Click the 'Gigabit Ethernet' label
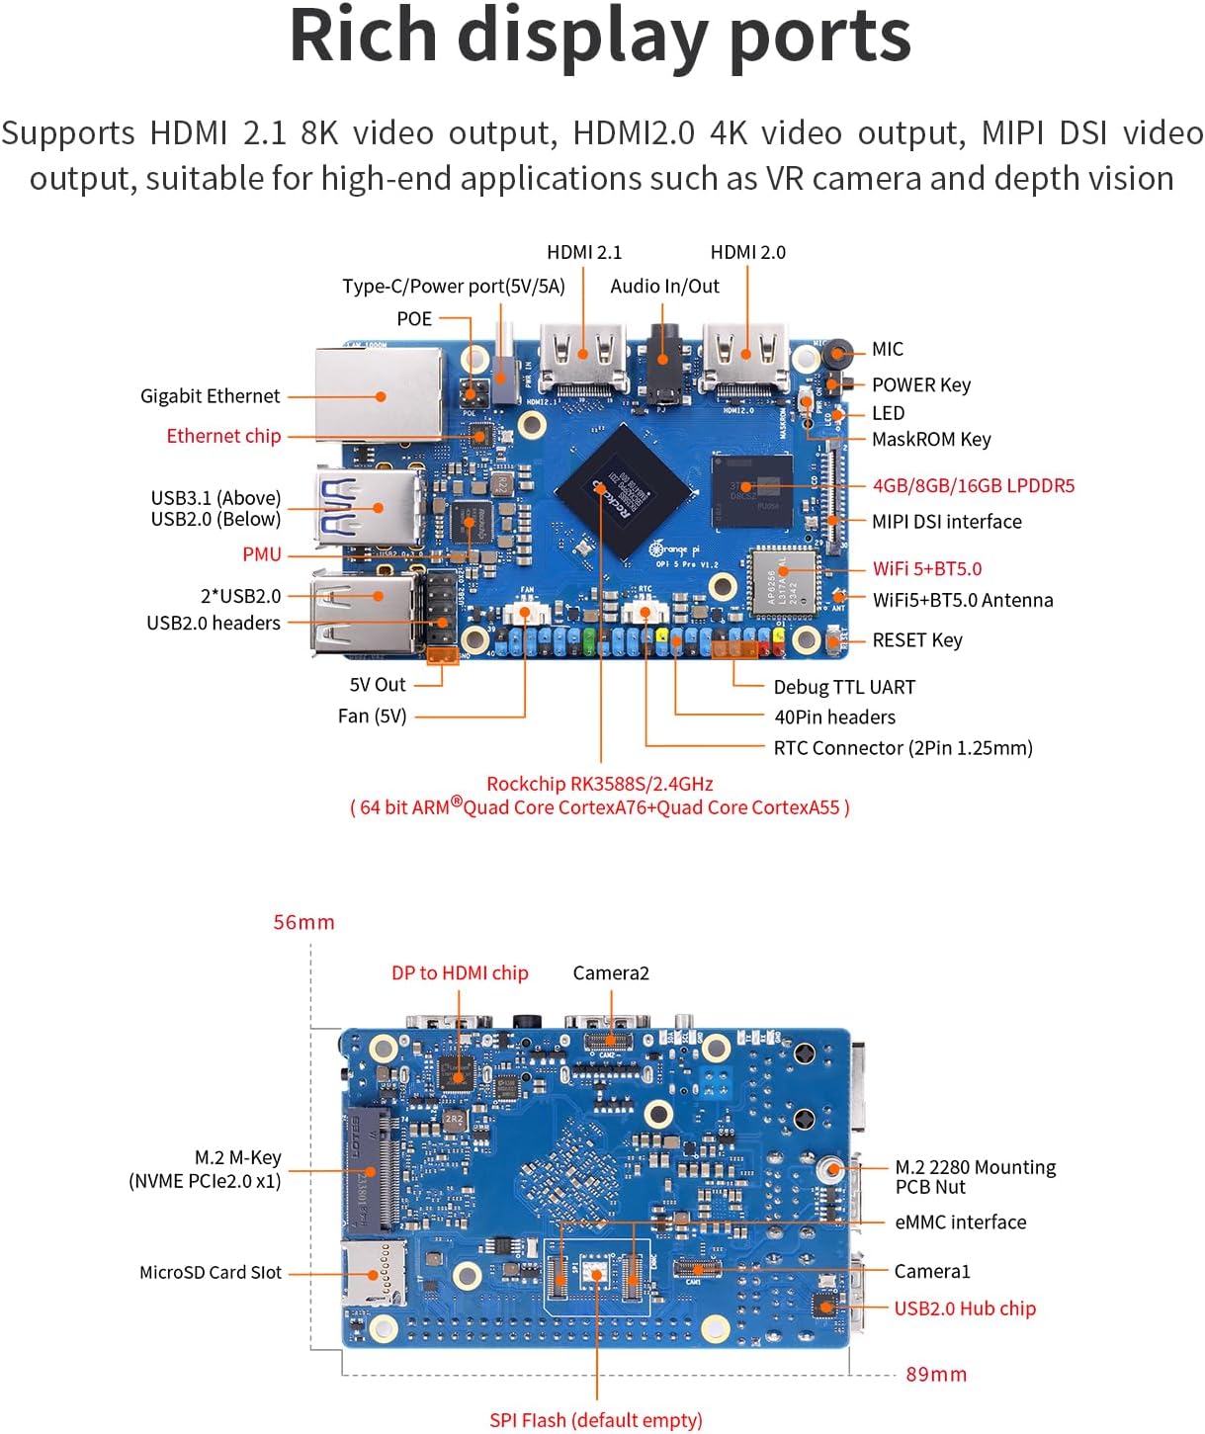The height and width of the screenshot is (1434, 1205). point(210,396)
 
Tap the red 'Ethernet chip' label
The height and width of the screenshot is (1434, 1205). point(223,436)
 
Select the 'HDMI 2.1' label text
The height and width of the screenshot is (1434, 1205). point(584,252)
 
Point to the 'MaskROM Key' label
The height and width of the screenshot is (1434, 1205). point(931,439)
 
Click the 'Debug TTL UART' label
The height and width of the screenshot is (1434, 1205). point(844,687)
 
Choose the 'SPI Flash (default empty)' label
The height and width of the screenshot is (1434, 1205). point(596,1420)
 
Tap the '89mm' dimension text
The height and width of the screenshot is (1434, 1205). point(936,1374)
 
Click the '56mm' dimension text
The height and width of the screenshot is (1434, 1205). point(303,922)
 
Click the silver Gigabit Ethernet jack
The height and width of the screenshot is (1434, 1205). point(379,393)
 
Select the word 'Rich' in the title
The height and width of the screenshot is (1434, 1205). point(363,37)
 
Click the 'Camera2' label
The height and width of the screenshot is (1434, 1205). point(611,973)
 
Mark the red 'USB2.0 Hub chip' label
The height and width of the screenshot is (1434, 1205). point(965,1308)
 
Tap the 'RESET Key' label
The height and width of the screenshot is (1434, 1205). point(916,640)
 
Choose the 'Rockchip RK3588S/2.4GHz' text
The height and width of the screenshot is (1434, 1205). point(599,784)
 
